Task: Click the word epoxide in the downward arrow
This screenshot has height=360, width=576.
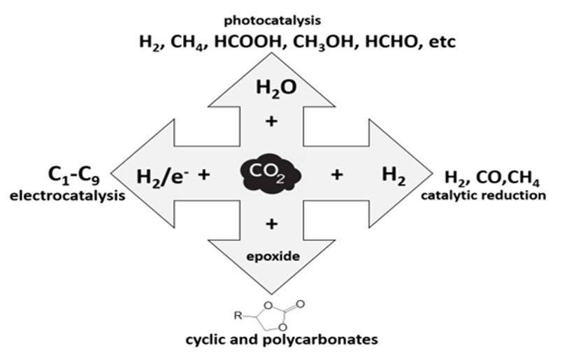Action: pos(273,256)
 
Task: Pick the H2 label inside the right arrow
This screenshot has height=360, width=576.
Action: pos(394,175)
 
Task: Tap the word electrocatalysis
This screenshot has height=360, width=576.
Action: pos(68,196)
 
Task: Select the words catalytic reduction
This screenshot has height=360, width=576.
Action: pos(483,195)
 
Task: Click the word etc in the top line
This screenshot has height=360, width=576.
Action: pos(442,42)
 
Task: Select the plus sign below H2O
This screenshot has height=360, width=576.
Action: pos(272,121)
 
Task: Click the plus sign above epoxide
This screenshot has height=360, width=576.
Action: pos(272,224)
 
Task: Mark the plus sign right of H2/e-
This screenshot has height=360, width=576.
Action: pos(203,174)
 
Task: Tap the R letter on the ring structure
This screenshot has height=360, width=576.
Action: pos(238,316)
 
